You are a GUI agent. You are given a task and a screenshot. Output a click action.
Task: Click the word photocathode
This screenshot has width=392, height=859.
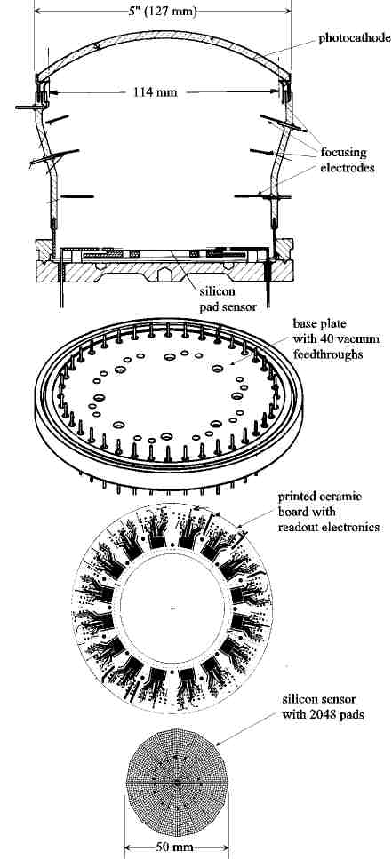[355, 38]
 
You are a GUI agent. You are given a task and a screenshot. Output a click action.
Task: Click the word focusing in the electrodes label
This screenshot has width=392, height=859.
[344, 153]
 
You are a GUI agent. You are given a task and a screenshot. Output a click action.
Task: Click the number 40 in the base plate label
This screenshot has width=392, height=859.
[328, 340]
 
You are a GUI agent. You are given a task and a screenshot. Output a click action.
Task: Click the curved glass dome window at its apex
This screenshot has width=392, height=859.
[163, 35]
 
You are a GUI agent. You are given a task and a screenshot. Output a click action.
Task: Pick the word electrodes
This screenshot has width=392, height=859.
[348, 168]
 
